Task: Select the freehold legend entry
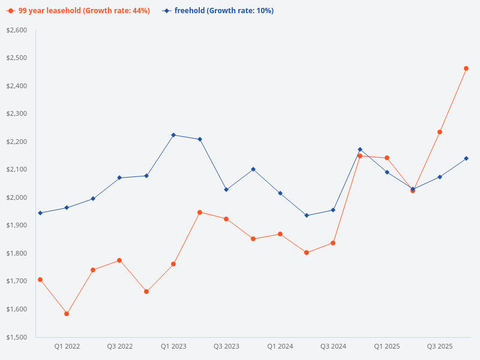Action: click(x=218, y=11)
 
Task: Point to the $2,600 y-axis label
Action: click(x=17, y=30)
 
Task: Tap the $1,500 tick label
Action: click(x=17, y=337)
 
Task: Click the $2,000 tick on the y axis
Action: click(x=17, y=197)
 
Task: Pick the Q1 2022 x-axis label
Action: click(x=67, y=347)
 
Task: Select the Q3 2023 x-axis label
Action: click(x=226, y=347)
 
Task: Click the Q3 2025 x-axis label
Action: click(x=440, y=347)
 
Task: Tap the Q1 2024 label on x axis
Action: click(x=280, y=347)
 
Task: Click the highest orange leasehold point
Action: click(x=466, y=68)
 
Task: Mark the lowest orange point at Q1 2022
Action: click(x=67, y=314)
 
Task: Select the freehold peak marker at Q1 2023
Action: click(x=173, y=135)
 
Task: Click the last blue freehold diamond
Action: click(x=466, y=158)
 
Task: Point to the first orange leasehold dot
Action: click(x=40, y=280)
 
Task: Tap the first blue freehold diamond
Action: click(x=40, y=213)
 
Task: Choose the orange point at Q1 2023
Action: click(x=173, y=264)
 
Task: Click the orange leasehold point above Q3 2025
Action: click(x=440, y=132)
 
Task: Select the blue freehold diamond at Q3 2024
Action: click(x=333, y=210)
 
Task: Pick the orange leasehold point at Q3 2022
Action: click(x=119, y=260)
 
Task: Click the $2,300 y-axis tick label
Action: click(x=17, y=113)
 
